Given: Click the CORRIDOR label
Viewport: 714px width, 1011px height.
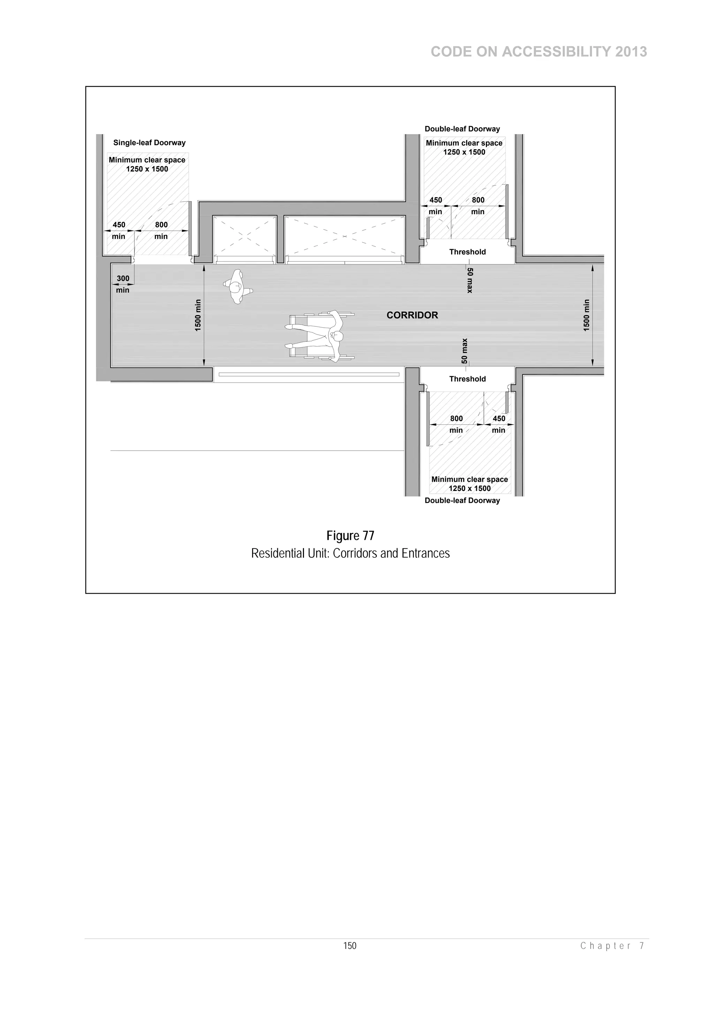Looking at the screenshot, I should pos(412,315).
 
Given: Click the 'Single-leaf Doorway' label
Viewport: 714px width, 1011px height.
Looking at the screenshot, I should pos(149,143).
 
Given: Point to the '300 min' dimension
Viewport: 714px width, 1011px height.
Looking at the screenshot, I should pos(123,284).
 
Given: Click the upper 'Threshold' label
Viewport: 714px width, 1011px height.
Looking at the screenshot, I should pos(467,252).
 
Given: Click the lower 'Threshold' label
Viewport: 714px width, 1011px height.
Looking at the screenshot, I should pos(467,379).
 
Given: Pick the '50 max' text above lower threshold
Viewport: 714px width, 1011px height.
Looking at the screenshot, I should pos(465,351).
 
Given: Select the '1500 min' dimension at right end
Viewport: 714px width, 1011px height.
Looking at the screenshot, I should pos(586,315).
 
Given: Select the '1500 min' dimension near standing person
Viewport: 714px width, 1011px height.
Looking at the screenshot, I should pos(198,315).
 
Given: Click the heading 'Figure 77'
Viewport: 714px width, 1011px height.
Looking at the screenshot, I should pos(350,536).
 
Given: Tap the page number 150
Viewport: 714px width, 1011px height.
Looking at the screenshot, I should pos(350,945).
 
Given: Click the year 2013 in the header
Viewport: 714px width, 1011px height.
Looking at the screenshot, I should pos(631,52).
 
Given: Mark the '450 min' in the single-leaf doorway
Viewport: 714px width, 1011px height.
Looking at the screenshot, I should pos(119,230).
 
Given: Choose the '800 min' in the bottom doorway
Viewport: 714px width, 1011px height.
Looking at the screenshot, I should pos(456,424).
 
